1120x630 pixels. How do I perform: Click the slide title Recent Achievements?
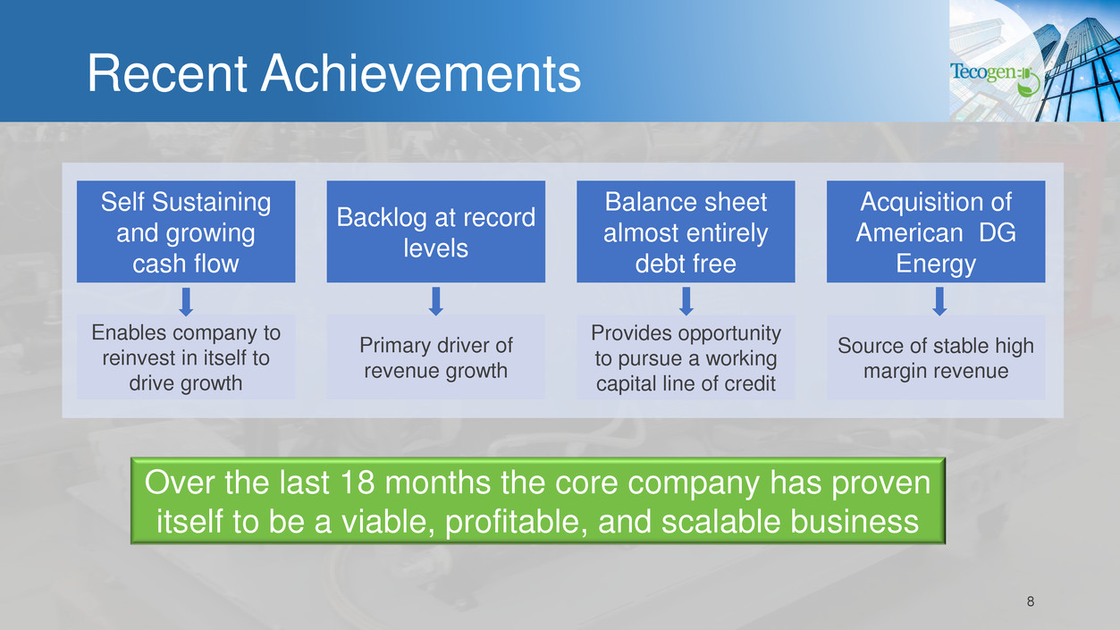coord(334,73)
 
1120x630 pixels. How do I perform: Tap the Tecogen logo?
coord(995,79)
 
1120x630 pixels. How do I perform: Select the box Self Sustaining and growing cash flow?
coord(186,231)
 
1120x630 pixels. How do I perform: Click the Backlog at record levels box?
coord(436,231)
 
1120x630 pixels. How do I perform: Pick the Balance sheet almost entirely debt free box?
coord(686,231)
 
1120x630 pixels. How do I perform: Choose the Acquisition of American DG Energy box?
coord(936,231)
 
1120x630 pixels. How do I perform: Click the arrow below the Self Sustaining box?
coord(186,301)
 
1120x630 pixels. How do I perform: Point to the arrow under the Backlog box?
coord(436,301)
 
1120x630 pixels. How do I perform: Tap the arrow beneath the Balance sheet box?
coord(686,301)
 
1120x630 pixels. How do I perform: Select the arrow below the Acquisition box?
coord(939,301)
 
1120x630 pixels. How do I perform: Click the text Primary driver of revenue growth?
coord(436,358)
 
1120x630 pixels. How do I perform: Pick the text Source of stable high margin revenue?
coord(936,358)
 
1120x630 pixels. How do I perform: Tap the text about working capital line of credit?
coord(686,358)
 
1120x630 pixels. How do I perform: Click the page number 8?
coord(1031,601)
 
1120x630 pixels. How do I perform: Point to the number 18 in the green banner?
coord(357,483)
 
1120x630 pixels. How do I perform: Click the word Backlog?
coord(380,218)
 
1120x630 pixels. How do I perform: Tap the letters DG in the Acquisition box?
coord(997,232)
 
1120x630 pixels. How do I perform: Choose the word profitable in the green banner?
coord(516,522)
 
